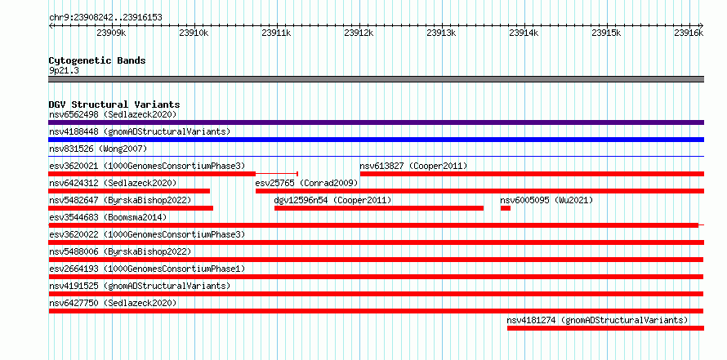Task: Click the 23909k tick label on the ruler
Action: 111,33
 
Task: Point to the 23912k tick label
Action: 359,33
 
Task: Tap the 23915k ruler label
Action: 606,33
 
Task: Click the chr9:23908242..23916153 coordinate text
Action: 105,18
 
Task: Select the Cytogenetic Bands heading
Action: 97,60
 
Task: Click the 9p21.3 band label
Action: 64,70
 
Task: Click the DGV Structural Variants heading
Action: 114,104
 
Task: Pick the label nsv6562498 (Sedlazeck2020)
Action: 113,114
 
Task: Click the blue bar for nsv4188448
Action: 376,140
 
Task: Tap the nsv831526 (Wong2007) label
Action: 98,149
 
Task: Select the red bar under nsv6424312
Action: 129,191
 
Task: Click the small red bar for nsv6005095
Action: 506,208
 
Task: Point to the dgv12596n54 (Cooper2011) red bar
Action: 379,208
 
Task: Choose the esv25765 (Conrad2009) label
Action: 306,183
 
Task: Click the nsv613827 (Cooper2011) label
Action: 413,166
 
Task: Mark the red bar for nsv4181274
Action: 605,328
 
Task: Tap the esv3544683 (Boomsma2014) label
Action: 108,217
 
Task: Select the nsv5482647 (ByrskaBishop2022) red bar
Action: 131,208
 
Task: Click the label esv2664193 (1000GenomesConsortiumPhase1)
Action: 147,269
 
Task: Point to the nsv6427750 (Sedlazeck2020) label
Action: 113,303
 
